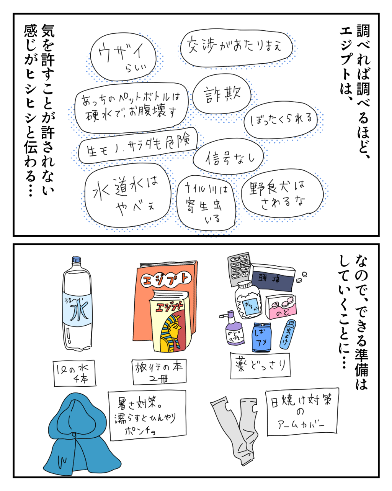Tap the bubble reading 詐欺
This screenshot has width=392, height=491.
coord(222,94)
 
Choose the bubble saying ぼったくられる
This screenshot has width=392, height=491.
coord(282,120)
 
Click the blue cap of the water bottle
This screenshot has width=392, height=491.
coord(77,260)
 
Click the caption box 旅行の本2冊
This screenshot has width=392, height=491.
coord(159,371)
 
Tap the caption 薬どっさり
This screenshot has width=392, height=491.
coord(260,364)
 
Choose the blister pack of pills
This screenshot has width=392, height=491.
coord(239,267)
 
